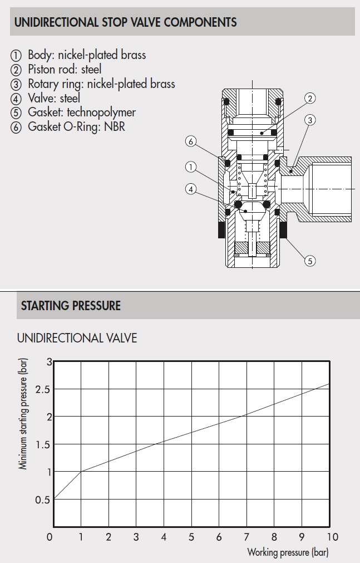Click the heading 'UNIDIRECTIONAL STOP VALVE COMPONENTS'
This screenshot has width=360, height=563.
click(125, 23)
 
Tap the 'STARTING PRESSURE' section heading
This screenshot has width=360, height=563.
click(71, 306)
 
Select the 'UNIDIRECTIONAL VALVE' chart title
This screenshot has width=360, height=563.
click(77, 338)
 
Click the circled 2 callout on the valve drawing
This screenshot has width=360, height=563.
click(310, 99)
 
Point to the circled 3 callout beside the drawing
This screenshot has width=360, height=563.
click(310, 120)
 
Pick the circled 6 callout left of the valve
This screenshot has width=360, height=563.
click(191, 141)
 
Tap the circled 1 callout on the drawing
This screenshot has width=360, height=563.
click(191, 166)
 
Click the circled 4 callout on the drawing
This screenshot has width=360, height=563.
click(191, 189)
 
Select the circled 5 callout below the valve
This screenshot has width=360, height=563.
click(310, 260)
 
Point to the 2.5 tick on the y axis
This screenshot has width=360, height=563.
click(42, 389)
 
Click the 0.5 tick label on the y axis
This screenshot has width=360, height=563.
click(42, 500)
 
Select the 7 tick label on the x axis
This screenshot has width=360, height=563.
click(246, 537)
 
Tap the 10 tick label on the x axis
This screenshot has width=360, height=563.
click(332, 537)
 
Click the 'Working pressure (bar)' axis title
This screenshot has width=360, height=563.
click(288, 553)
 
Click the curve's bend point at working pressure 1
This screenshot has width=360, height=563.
click(81, 472)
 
